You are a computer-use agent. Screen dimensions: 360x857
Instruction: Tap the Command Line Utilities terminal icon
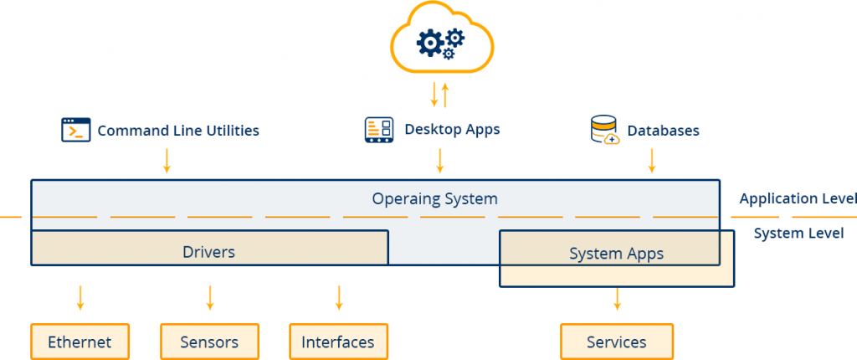(x=75, y=131)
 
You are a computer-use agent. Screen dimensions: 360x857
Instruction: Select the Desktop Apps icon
(x=379, y=130)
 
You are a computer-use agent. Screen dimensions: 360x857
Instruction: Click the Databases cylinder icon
(x=604, y=131)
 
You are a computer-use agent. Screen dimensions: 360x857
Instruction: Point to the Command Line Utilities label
(x=178, y=131)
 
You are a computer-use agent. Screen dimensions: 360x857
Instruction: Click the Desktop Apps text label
(x=452, y=130)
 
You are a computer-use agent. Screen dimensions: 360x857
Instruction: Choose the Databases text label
(x=663, y=131)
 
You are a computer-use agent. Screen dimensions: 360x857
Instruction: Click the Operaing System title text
(x=434, y=198)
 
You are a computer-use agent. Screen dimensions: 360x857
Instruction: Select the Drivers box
(x=209, y=250)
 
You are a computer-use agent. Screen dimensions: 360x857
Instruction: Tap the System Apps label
(x=616, y=254)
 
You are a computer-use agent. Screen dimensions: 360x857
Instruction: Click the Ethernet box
(x=80, y=342)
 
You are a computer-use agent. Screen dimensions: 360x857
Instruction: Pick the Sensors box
(x=209, y=342)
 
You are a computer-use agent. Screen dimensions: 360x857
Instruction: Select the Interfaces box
(x=338, y=342)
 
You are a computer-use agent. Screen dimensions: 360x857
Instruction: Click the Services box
(x=617, y=342)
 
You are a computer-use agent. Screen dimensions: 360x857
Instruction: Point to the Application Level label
(x=798, y=198)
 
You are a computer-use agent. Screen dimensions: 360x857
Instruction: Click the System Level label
(x=798, y=234)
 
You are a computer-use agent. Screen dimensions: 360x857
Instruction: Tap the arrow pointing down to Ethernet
(x=80, y=296)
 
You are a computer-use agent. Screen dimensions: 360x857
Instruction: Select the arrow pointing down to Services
(x=617, y=298)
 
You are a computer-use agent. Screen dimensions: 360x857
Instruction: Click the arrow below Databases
(x=651, y=160)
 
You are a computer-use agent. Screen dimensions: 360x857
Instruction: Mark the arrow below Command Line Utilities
(x=167, y=160)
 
